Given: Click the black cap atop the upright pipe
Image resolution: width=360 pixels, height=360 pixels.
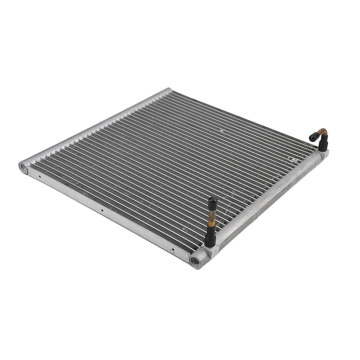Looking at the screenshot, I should (x=211, y=203).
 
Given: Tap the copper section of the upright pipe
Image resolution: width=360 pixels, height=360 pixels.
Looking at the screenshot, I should (x=210, y=220).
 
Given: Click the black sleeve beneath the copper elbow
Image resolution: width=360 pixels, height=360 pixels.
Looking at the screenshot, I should (x=323, y=144).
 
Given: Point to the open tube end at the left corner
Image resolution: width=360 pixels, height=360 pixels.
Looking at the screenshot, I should (x=23, y=166).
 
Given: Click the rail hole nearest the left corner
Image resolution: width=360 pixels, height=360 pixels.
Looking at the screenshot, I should (x=40, y=177).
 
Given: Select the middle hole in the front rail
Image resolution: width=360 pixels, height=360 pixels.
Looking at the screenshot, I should (x=102, y=210).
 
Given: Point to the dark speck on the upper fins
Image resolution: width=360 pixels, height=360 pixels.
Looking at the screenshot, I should (x=221, y=130).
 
